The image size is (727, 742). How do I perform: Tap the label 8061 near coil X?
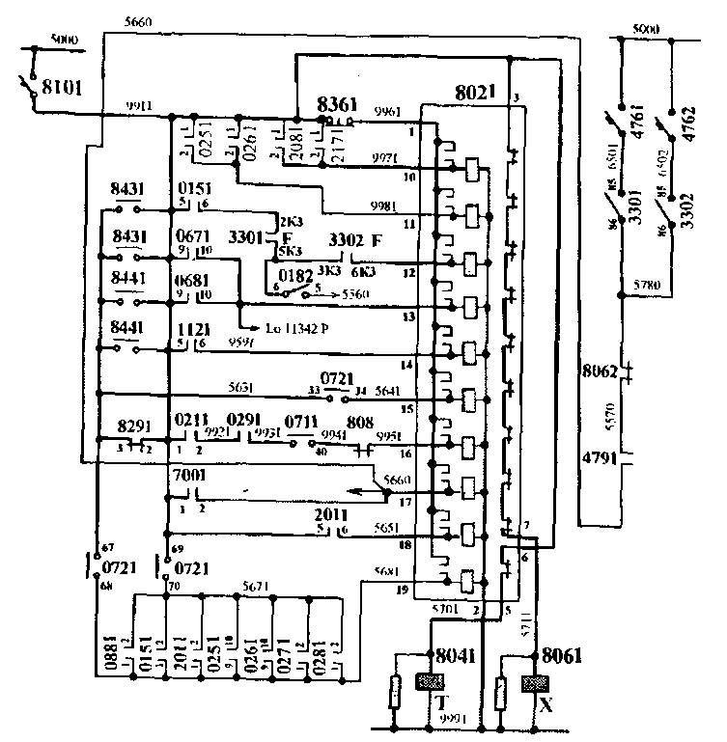[x=563, y=653]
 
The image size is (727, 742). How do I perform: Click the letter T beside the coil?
[x=439, y=702]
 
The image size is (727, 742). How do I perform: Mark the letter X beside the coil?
[x=546, y=704]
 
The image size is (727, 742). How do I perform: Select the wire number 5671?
[x=256, y=586]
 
